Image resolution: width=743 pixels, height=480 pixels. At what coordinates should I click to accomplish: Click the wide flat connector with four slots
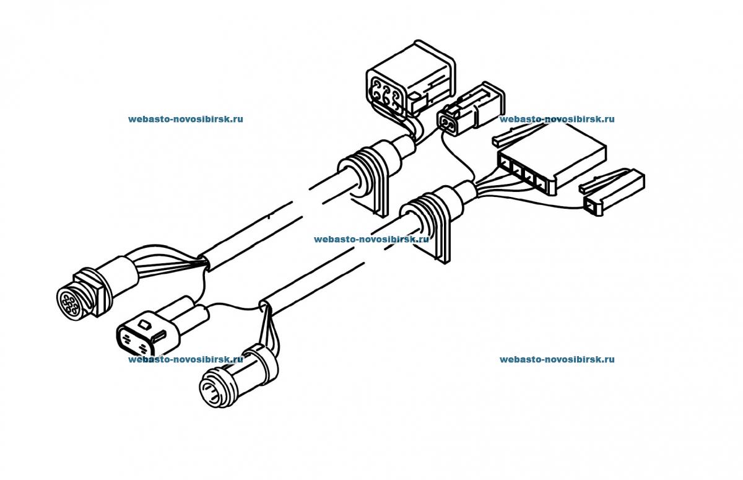click(551, 158)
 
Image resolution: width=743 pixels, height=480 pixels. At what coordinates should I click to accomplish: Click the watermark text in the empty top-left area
click(186, 119)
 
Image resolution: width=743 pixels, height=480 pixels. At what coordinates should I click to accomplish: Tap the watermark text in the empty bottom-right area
click(557, 359)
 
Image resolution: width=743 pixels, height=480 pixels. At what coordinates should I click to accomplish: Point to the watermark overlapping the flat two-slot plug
click(185, 359)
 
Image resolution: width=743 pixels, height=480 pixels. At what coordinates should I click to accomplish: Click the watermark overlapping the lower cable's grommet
click(371, 238)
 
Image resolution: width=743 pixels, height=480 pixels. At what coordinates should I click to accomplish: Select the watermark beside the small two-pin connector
click(557, 119)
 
